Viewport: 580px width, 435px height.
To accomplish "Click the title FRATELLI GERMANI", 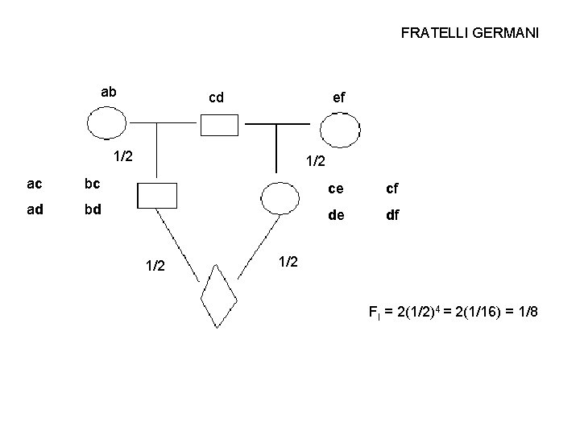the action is click(470, 34).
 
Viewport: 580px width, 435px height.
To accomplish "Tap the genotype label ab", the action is click(108, 92).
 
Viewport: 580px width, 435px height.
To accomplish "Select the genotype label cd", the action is click(216, 98).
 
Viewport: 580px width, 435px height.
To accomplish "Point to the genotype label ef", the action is click(338, 97).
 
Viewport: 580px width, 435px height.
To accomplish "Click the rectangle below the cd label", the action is click(219, 125).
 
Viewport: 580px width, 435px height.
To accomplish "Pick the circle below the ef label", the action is click(338, 129).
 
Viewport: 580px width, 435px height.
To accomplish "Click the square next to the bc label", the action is click(156, 195).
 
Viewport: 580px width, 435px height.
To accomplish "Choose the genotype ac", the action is click(35, 184).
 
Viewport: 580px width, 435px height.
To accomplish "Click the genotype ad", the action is click(35, 210).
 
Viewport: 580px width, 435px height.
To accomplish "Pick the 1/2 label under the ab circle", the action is click(123, 155).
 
